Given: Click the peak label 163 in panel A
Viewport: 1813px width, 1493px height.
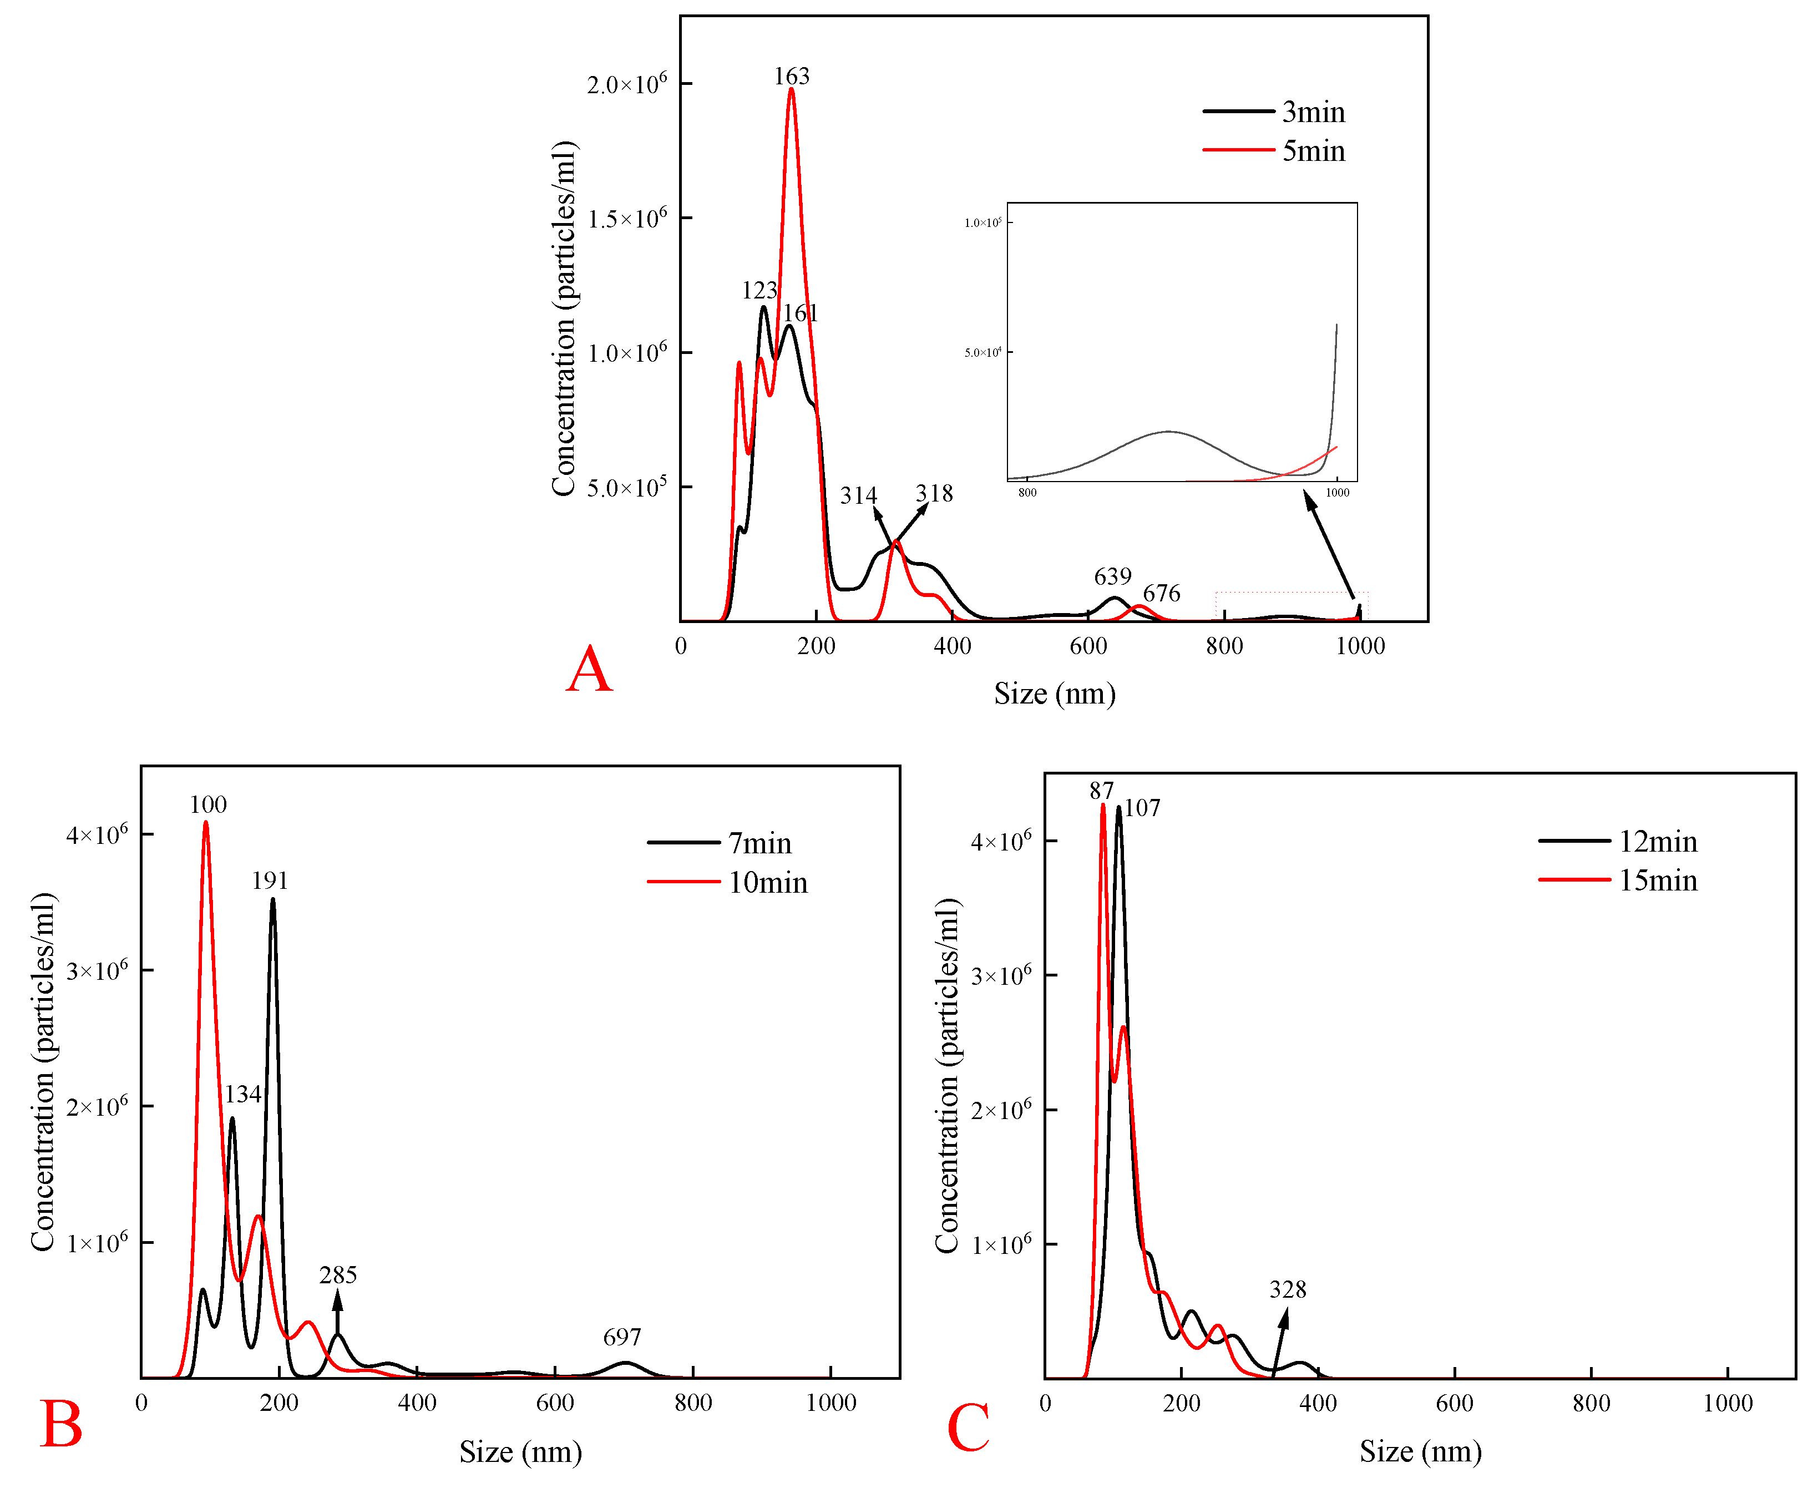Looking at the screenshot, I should click(x=791, y=77).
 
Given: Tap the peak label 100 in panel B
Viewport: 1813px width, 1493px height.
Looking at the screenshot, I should click(x=208, y=805).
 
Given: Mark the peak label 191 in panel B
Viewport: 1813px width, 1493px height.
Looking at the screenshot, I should click(x=269, y=880).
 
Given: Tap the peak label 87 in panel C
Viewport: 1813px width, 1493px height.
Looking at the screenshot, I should click(x=1101, y=791).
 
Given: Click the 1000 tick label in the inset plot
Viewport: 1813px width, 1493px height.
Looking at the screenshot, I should click(x=1336, y=493).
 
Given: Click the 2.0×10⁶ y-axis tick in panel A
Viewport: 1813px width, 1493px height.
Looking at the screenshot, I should click(x=626, y=84).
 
